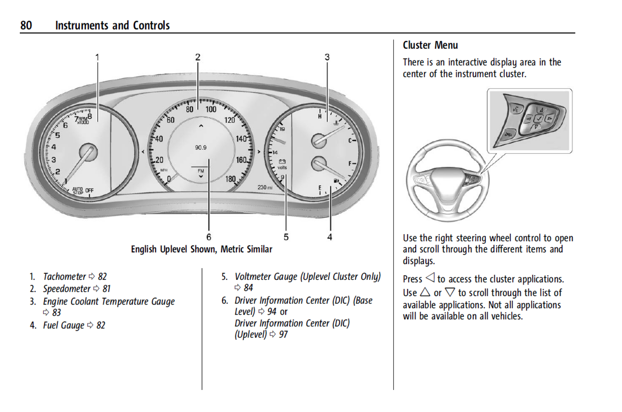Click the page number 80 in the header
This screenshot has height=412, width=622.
(26, 25)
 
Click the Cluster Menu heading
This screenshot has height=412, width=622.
(430, 45)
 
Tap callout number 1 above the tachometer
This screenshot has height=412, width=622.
(97, 57)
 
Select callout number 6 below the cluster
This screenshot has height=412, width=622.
(209, 237)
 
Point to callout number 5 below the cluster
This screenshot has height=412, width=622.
(286, 237)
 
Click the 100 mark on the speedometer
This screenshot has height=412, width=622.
(211, 109)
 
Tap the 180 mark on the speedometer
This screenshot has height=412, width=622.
(230, 179)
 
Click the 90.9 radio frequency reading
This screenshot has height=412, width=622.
(201, 147)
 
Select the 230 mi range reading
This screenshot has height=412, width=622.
(265, 187)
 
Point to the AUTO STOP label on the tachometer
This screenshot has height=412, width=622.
(78, 191)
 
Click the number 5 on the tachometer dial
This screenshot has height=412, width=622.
(58, 135)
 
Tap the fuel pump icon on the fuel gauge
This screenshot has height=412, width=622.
(336, 181)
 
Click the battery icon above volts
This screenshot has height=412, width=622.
(282, 161)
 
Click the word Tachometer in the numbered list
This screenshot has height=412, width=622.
(65, 276)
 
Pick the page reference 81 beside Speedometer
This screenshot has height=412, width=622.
(106, 289)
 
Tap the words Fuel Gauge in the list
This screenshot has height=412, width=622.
(64, 325)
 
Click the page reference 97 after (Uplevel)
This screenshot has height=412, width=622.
(283, 334)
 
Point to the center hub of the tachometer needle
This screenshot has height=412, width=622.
(88, 152)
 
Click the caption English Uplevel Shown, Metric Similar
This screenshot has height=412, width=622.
(201, 249)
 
